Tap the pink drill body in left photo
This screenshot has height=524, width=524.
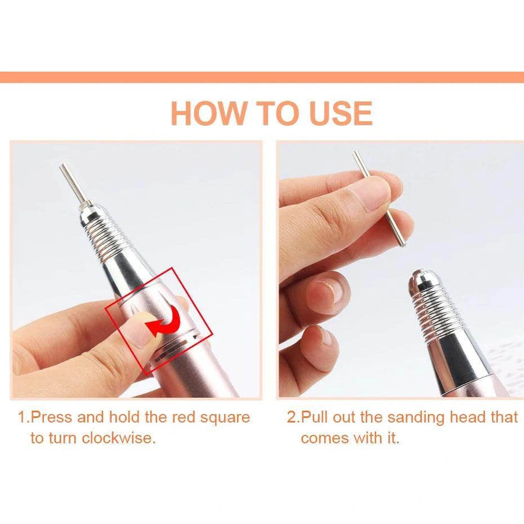coord(195,367)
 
